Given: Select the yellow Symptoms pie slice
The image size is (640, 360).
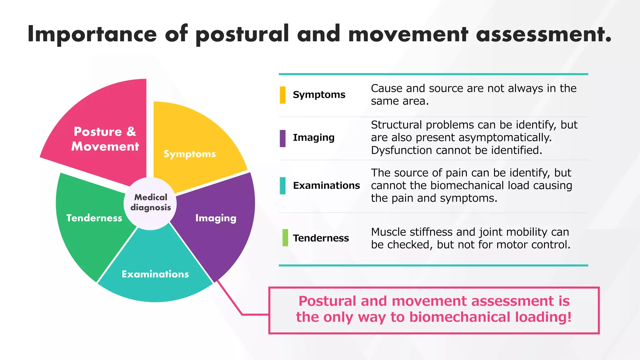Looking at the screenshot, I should (x=194, y=141).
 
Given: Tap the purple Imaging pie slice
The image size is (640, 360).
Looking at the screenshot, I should (x=219, y=225).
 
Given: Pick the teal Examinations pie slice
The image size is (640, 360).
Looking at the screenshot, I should (x=155, y=269).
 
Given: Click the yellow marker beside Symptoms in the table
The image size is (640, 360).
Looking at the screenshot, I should (x=282, y=95).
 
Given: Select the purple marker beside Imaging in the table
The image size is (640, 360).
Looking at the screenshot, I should (x=282, y=138).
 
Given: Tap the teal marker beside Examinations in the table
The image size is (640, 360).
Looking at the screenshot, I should (x=282, y=186).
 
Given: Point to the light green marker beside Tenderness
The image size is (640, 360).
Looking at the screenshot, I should (x=285, y=238).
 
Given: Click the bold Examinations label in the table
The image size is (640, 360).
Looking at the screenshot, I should (x=326, y=186).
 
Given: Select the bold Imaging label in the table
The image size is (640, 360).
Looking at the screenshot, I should (x=313, y=137).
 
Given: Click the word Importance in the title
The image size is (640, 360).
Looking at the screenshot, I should (x=92, y=34).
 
